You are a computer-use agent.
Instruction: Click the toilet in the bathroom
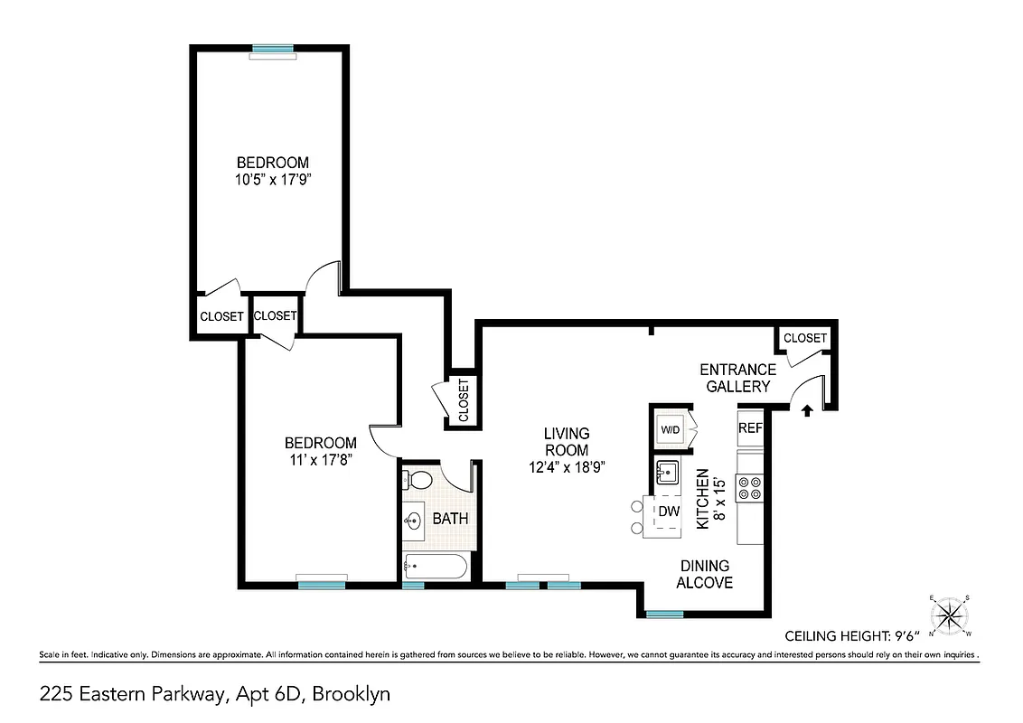tap(417, 479)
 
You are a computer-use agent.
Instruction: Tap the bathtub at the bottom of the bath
tap(436, 568)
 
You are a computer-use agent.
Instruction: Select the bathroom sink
tap(415, 521)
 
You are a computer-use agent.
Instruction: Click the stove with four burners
tap(749, 489)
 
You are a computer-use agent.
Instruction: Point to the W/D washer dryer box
tap(670, 430)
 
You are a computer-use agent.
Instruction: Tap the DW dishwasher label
tap(668, 512)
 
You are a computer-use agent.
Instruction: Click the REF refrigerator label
tap(750, 428)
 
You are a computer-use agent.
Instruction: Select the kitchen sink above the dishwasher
tap(667, 471)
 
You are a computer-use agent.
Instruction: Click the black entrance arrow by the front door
tap(807, 410)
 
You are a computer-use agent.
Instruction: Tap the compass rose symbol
tap(950, 615)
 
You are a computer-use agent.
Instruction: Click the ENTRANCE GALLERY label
tap(738, 378)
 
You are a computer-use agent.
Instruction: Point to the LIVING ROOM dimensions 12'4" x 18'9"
tap(567, 467)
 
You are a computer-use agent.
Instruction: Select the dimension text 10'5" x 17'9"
tap(273, 179)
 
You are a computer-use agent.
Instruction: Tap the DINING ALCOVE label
tap(705, 575)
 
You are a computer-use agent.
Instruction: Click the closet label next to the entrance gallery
tap(804, 338)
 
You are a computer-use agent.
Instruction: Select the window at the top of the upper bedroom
tap(273, 49)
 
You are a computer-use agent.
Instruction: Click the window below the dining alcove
tap(665, 615)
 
